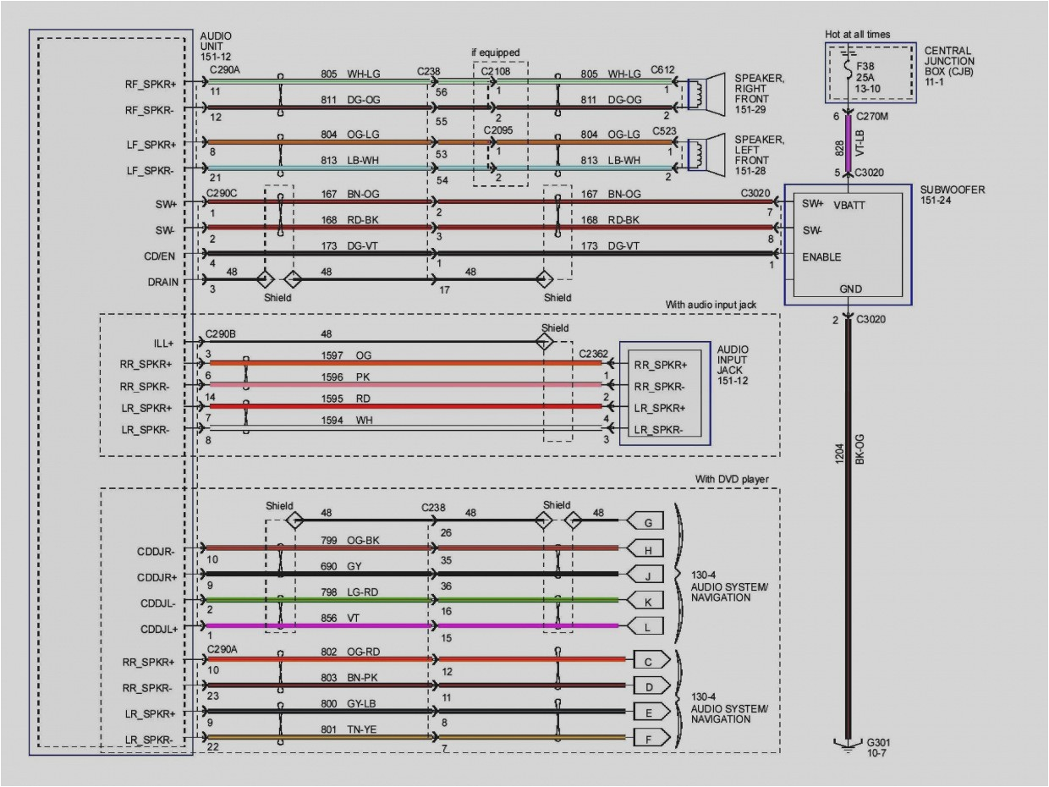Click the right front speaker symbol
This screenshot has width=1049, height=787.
[706, 93]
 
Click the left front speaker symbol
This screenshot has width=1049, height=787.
[706, 152]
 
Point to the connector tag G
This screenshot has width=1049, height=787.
[648, 522]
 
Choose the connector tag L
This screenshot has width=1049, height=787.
[648, 626]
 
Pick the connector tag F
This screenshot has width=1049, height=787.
[648, 737]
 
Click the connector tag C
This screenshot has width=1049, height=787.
[648, 659]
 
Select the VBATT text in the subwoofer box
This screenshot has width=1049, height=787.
[849, 205]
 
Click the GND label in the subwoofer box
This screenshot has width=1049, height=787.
[850, 289]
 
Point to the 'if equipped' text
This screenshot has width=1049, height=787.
[496, 52]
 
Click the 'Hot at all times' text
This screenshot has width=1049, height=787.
[858, 35]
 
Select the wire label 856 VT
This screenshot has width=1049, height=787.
[343, 618]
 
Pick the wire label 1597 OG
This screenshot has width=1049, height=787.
[346, 355]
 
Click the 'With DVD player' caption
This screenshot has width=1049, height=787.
[732, 479]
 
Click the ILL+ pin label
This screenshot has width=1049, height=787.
[164, 343]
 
